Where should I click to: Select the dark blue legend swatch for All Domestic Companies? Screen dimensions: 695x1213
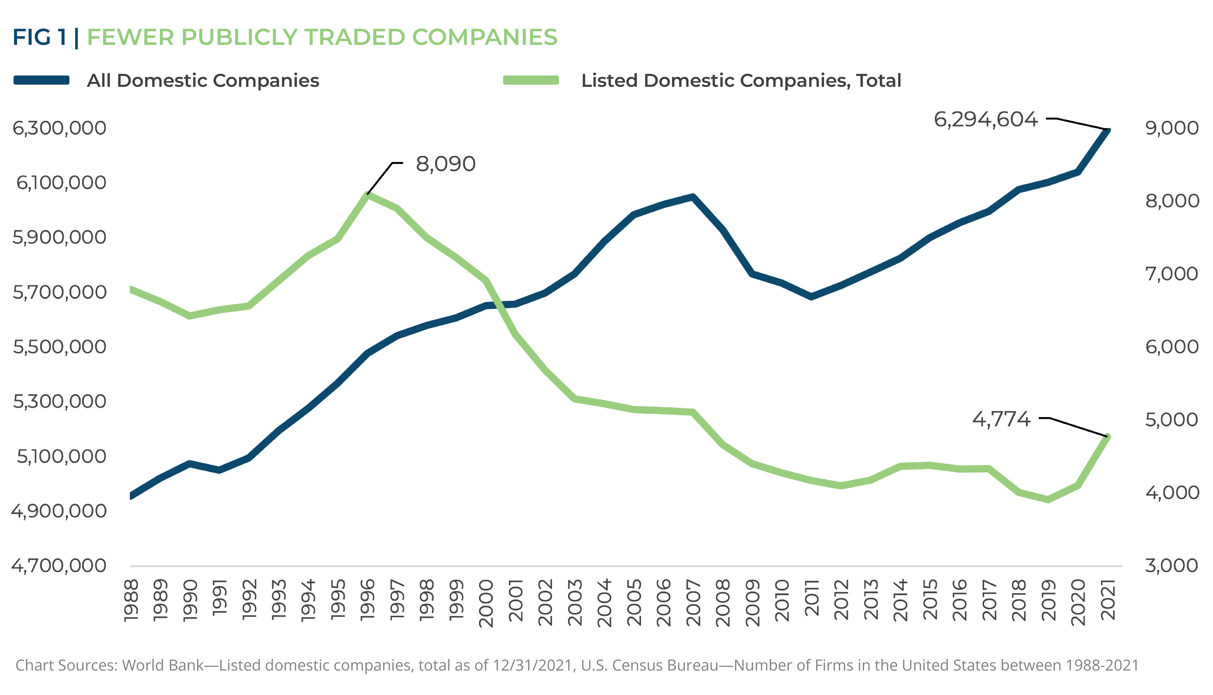41,80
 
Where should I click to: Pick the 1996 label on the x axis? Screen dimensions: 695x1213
367,600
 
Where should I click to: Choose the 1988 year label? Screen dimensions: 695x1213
131,600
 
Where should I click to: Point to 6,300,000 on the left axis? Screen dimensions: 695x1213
59,128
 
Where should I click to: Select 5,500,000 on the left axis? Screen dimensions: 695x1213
59,347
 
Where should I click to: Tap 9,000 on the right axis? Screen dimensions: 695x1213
1172,128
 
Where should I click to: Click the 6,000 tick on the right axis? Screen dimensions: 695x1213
1172,347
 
